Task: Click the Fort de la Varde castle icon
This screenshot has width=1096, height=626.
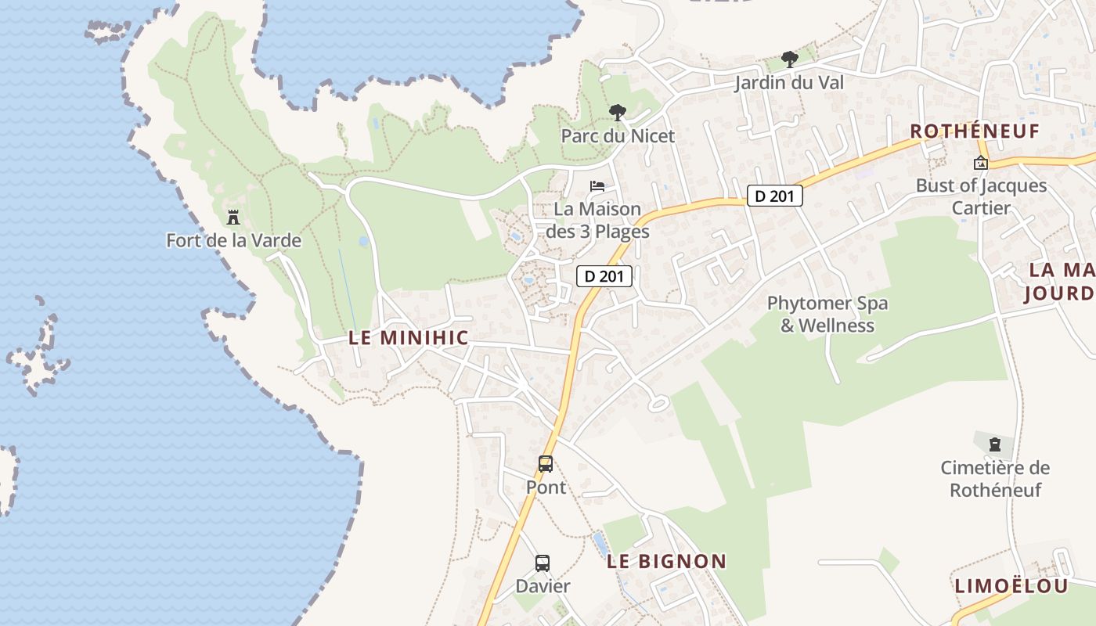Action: coord(233,217)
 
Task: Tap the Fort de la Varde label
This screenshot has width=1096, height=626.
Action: coord(233,240)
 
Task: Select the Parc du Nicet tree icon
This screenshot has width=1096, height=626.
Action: coord(618,113)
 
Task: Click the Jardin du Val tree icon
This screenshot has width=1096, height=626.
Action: coord(789,59)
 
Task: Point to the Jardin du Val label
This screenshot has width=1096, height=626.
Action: coord(789,82)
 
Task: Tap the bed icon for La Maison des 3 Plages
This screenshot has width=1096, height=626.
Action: coord(597,186)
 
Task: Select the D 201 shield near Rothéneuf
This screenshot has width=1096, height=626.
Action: coord(775,196)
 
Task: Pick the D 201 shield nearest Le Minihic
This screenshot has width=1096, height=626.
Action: coord(604,275)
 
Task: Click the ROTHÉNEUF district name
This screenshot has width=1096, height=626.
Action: coord(975,131)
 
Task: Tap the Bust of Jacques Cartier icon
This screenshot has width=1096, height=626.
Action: coord(980,163)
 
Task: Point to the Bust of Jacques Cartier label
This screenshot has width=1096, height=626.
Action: coord(981,196)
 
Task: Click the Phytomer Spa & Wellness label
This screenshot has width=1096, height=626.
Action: coord(827,314)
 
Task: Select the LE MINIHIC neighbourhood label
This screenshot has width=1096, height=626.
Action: coord(409,338)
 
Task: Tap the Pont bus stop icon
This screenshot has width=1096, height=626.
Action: coord(546,464)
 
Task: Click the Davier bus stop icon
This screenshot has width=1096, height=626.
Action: coord(543,563)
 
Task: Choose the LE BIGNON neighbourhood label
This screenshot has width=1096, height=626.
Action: coord(667,561)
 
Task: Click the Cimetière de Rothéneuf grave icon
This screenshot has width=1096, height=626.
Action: coord(994,444)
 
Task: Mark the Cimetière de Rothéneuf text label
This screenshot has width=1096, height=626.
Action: coord(995,479)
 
